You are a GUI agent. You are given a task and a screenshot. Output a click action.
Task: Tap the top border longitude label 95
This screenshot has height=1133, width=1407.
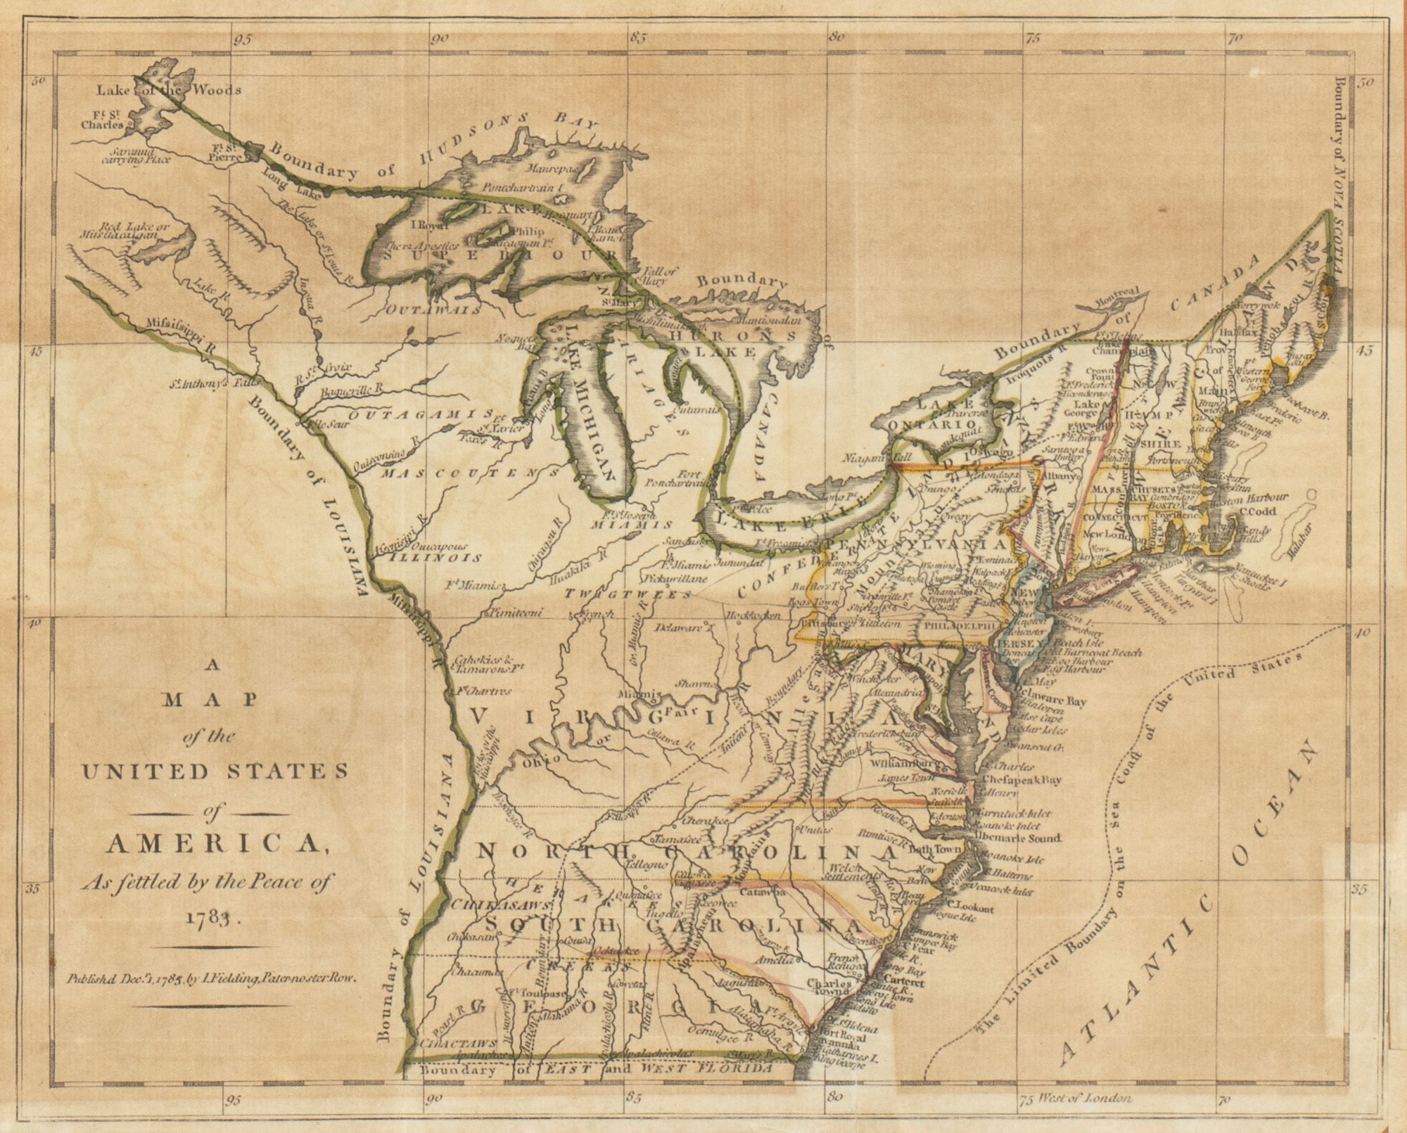click(x=243, y=40)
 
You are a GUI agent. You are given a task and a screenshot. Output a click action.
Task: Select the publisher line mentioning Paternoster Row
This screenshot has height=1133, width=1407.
click(x=214, y=977)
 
